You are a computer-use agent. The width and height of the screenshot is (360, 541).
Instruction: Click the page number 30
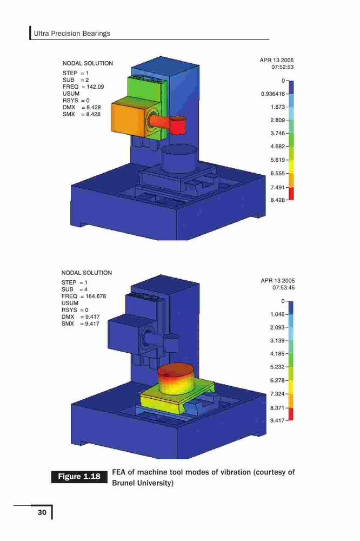click(42, 512)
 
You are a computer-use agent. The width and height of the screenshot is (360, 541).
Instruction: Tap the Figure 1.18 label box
click(79, 477)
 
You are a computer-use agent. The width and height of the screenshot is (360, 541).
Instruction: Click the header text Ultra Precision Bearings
click(72, 34)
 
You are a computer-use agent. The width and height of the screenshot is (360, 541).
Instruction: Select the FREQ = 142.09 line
click(83, 87)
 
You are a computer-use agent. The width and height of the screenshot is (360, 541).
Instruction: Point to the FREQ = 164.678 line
click(84, 296)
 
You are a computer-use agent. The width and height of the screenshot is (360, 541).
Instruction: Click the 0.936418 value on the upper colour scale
click(273, 94)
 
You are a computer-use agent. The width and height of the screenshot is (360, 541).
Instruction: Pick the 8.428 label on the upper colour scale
click(278, 200)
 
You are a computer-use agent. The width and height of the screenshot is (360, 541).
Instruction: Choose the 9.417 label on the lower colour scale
click(278, 420)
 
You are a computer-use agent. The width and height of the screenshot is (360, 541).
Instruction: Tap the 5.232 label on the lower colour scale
click(278, 367)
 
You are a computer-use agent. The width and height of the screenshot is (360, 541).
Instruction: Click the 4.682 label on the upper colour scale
click(278, 147)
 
